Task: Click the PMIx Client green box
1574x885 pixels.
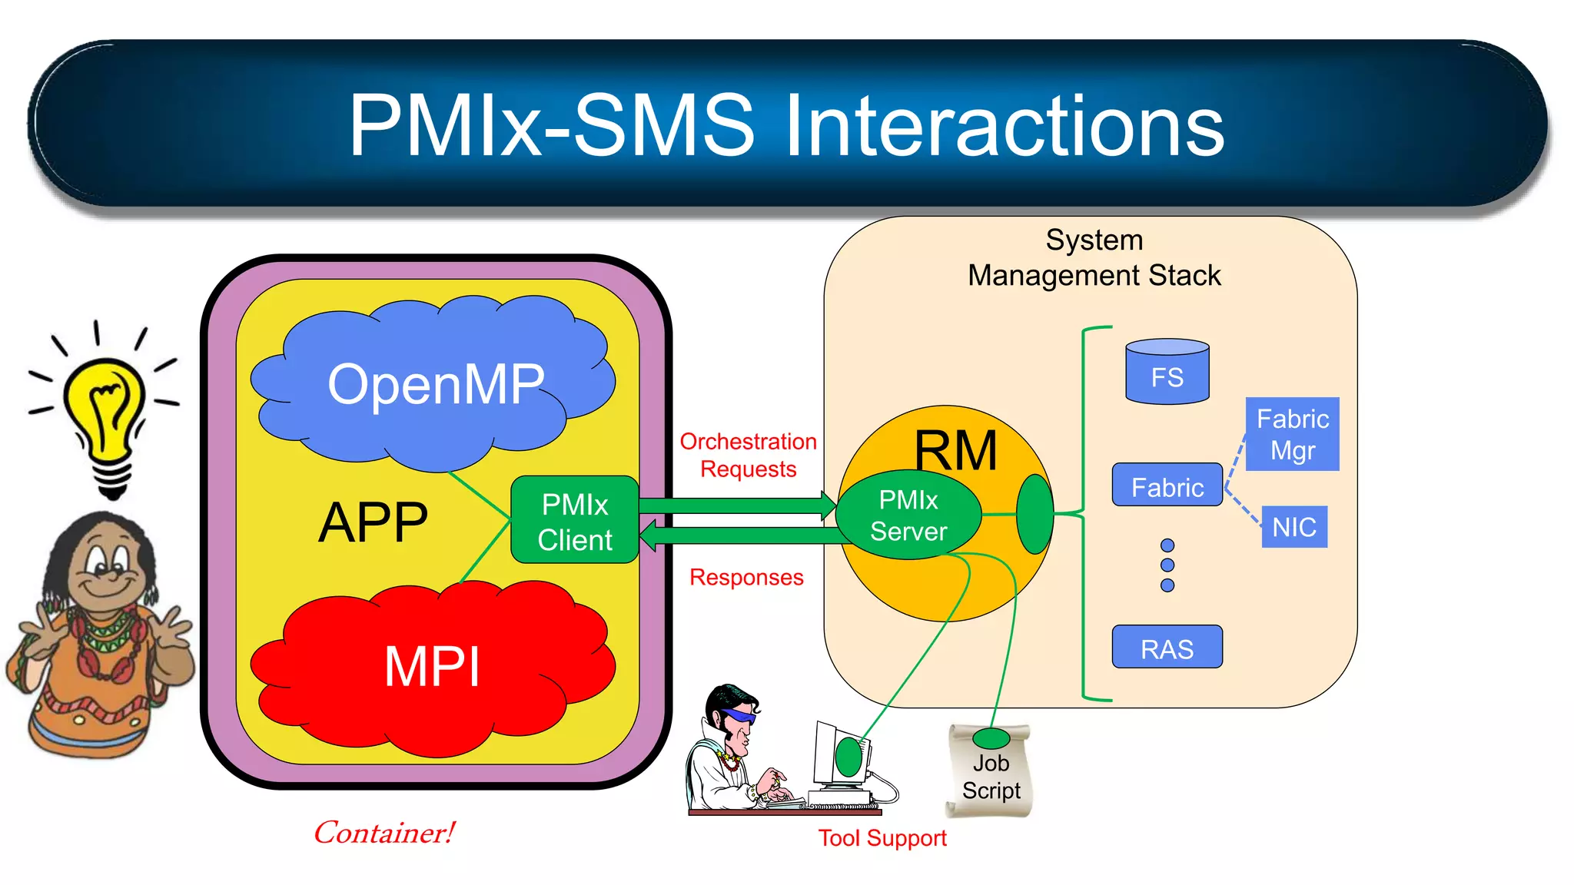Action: pyautogui.click(x=575, y=520)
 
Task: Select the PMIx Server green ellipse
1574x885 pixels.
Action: pyautogui.click(x=908, y=515)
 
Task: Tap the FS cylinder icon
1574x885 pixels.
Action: pyautogui.click(x=1167, y=372)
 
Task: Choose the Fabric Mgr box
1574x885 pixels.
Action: pyautogui.click(x=1292, y=434)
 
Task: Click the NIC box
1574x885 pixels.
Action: pyautogui.click(x=1294, y=527)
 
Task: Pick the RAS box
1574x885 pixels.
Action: pyautogui.click(x=1167, y=648)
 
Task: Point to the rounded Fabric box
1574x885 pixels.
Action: pyautogui.click(x=1167, y=486)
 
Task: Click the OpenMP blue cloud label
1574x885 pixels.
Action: pyautogui.click(x=436, y=384)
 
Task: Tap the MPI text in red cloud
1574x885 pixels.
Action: pyautogui.click(x=432, y=666)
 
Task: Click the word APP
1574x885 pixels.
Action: pyautogui.click(x=373, y=523)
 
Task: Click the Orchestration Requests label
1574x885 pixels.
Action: pyautogui.click(x=748, y=455)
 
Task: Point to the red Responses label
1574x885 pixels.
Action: pyautogui.click(x=746, y=577)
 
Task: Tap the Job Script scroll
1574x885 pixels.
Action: pyautogui.click(x=990, y=772)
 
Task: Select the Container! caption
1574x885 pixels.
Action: pyautogui.click(x=384, y=833)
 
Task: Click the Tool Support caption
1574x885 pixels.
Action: pyautogui.click(x=882, y=837)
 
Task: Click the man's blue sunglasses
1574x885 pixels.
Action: pyautogui.click(x=739, y=716)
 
